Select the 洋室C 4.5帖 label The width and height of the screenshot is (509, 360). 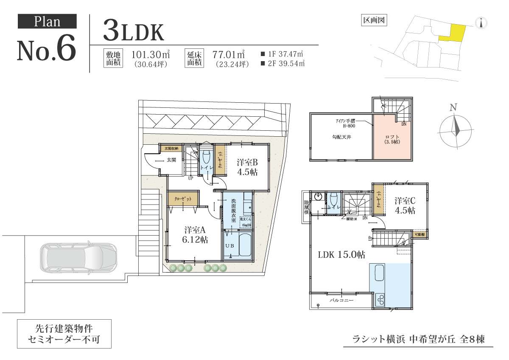click(x=405, y=205)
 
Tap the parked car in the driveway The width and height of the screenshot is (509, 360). click(x=78, y=259)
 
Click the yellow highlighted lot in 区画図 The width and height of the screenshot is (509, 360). click(x=452, y=33)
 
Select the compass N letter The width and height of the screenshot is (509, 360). click(x=453, y=107)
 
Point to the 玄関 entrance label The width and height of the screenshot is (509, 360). click(x=171, y=160)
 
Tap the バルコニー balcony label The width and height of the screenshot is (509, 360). click(x=342, y=300)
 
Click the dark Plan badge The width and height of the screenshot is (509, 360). click(x=47, y=21)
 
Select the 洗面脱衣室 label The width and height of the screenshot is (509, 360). click(x=233, y=208)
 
